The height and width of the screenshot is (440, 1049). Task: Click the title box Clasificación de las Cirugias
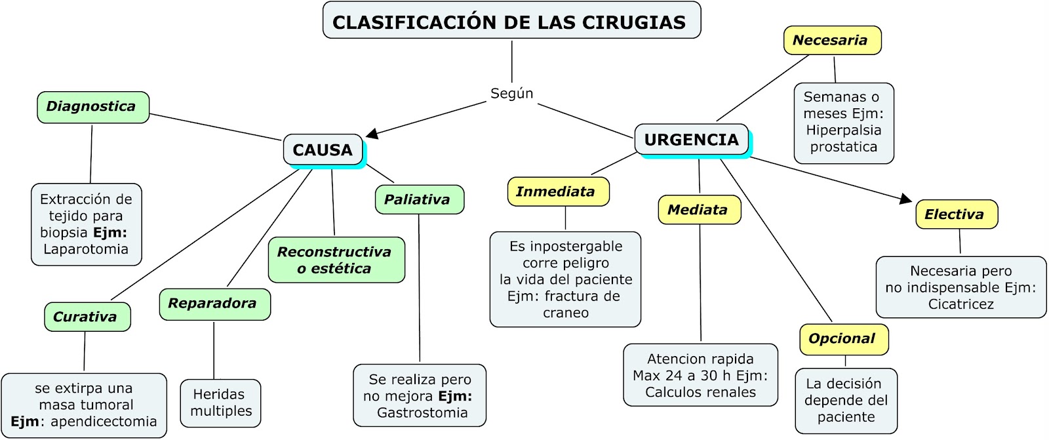(511, 21)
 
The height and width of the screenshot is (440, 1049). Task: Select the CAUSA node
(323, 150)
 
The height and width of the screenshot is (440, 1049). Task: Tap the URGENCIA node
(691, 140)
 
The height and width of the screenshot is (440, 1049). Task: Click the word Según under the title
(511, 93)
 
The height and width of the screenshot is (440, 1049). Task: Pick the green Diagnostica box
(92, 107)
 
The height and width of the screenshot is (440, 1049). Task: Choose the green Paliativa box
(419, 199)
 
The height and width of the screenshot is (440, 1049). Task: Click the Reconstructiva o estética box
(336, 260)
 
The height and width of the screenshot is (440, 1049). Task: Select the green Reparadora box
(214, 304)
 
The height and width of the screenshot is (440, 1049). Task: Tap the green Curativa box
(87, 317)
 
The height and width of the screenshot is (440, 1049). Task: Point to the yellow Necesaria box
(831, 40)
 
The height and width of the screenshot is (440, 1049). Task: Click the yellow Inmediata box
(557, 191)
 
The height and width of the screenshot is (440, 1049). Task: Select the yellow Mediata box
(699, 210)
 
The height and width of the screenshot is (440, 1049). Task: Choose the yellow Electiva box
(956, 214)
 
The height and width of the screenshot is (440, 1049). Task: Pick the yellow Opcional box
(843, 339)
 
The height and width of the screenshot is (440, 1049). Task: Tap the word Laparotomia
(86, 249)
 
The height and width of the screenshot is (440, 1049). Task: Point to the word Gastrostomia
(422, 412)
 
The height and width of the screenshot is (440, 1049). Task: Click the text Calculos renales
(700, 392)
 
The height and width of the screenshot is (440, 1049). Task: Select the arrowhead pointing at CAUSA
(372, 134)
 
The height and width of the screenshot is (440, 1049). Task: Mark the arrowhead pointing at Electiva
(906, 198)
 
